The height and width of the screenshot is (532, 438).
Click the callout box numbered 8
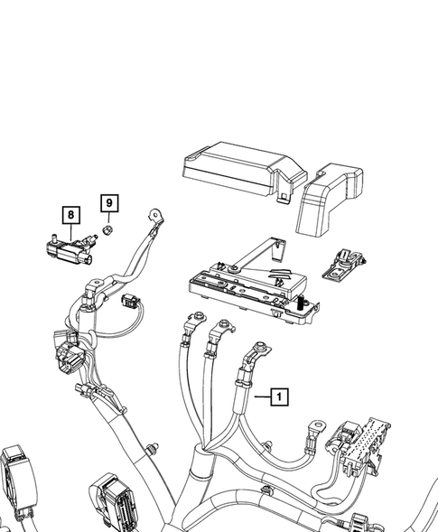pyautogui.click(x=70, y=215)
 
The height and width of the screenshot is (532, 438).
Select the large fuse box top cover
pyautogui.click(x=235, y=168)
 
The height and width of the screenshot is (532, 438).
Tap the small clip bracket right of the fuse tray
pyautogui.click(x=344, y=263)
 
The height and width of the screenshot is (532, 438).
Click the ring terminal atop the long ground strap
pyautogui.click(x=156, y=216)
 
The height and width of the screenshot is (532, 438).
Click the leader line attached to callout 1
pyautogui.click(x=260, y=396)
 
